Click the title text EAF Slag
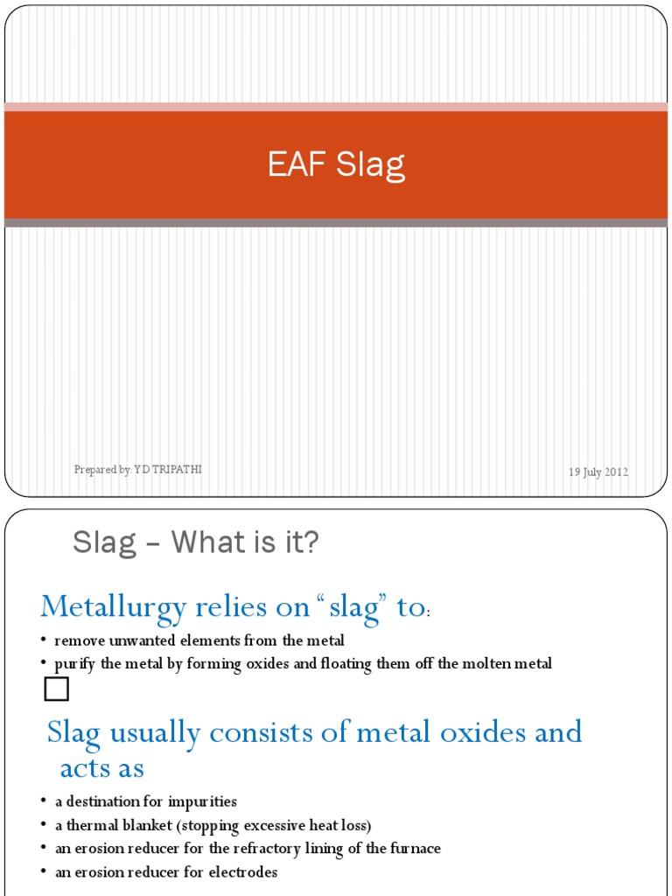pos(336,165)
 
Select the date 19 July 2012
pos(598,472)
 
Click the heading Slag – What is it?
pos(195,543)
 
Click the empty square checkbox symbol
pos(57,690)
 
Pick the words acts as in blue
pos(101,768)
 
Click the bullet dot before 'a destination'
pos(44,801)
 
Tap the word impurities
pos(207,801)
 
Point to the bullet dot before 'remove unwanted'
pos(44,640)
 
